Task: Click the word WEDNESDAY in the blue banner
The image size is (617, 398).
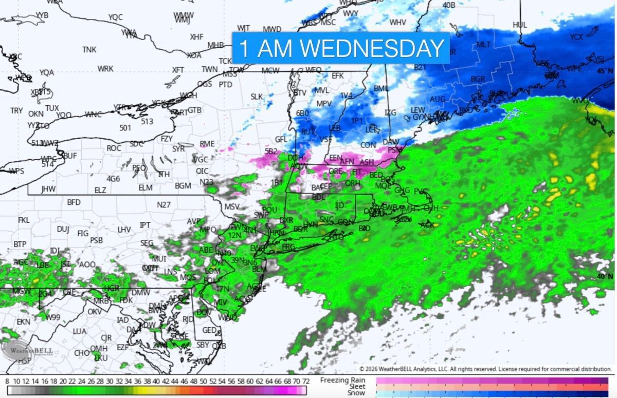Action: click(x=372, y=48)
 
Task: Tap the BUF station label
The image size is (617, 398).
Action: click(x=70, y=156)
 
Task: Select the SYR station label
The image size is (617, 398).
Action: click(x=178, y=149)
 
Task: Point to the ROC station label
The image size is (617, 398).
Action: click(x=114, y=148)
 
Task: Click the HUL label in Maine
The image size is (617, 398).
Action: click(x=520, y=25)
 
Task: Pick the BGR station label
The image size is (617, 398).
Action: click(x=478, y=79)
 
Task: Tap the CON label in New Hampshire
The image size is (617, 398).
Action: click(x=368, y=145)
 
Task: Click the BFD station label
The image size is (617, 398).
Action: click(x=74, y=202)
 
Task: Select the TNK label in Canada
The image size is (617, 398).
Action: click(x=89, y=50)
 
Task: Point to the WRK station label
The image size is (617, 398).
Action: click(x=105, y=69)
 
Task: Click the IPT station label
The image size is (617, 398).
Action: click(x=145, y=225)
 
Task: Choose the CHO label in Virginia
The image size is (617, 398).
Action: click(x=82, y=353)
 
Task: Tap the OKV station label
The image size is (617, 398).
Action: click(x=94, y=312)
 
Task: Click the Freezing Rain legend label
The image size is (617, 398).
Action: click(x=343, y=380)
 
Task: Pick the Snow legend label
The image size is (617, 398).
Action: click(x=356, y=393)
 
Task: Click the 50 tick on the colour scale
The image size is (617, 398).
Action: click(x=203, y=382)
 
